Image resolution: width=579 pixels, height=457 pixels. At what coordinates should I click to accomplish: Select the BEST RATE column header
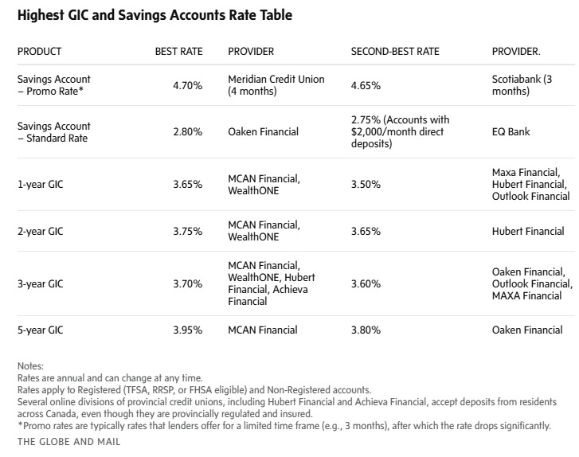178,52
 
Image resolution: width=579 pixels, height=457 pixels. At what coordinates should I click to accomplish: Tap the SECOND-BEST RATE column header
394,52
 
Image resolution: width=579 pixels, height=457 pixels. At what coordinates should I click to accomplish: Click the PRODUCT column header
39,52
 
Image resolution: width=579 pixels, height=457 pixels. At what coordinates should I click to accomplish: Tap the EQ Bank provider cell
511,132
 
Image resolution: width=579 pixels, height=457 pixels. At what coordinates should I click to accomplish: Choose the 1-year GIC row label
40,184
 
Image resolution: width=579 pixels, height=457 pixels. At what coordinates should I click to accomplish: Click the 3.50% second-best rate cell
366,184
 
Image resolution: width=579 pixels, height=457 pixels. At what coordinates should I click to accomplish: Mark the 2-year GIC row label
40,232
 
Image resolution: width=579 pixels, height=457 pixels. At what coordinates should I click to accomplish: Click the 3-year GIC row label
40,283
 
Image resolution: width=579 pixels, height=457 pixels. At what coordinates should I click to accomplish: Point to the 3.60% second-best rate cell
366,283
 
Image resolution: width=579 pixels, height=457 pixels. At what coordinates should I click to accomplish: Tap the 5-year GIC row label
40,330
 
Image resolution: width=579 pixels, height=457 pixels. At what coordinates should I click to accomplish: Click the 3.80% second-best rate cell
366,330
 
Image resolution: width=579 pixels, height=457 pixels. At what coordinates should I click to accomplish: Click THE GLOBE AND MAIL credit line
68,441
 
